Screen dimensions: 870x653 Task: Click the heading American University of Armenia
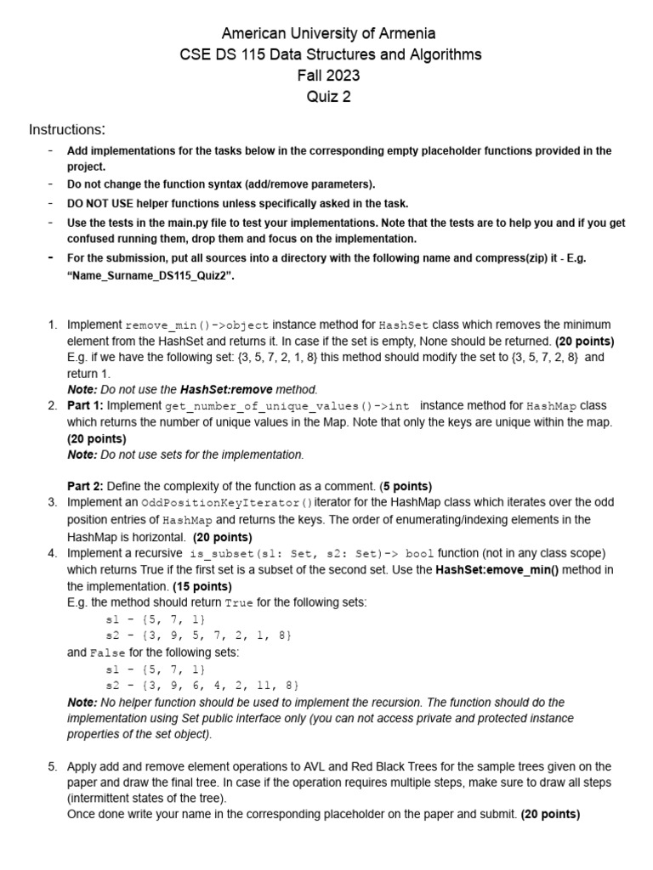click(x=328, y=34)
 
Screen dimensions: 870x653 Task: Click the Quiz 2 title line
click(x=328, y=96)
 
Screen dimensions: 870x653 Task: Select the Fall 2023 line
click(x=328, y=76)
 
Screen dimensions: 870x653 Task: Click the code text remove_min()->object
click(x=197, y=325)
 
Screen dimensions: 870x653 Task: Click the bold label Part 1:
click(x=85, y=406)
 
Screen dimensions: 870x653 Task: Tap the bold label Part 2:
click(x=85, y=487)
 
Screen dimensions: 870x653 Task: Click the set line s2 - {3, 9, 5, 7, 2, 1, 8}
click(x=198, y=635)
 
